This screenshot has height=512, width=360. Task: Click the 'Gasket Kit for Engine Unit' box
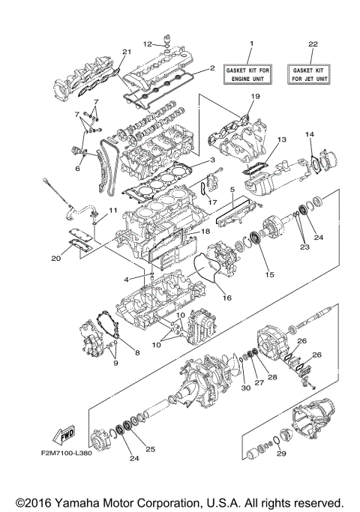coord(251,73)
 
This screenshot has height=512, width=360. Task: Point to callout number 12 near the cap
coord(148,43)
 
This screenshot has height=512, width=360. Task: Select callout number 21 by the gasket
coord(127,51)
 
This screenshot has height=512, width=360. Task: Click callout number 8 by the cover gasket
coord(137,351)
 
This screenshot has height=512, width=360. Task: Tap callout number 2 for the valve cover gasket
coord(212,68)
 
